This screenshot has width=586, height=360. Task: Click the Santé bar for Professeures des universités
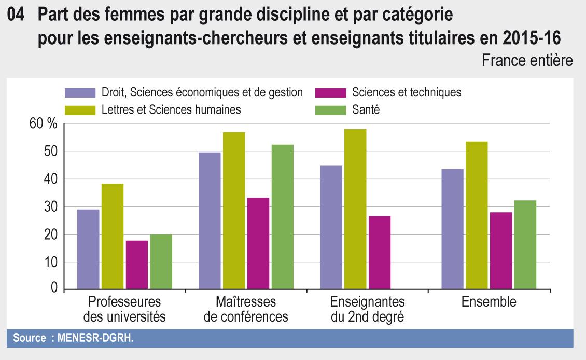(161, 262)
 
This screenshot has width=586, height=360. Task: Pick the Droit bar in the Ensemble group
(452, 229)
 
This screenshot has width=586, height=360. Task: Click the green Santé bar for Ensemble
(525, 245)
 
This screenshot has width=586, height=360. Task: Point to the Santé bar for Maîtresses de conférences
(282, 217)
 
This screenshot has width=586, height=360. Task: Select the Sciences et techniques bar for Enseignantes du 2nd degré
(379, 253)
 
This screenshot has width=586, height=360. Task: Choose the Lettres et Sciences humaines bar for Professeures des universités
(113, 237)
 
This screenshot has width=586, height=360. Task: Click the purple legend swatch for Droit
(80, 93)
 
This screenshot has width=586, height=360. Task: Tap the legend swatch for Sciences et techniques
(330, 93)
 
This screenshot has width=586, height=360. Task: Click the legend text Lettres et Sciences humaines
(171, 109)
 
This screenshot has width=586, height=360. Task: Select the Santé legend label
(366, 109)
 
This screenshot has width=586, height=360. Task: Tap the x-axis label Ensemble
(489, 302)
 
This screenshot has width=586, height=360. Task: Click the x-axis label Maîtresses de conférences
(246, 309)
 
